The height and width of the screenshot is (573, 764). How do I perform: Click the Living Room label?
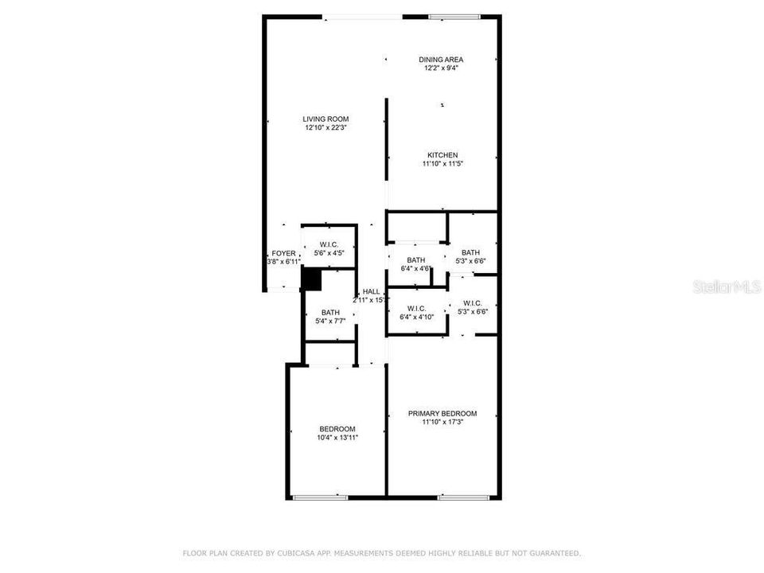(326, 119)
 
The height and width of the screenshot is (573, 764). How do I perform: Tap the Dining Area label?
(442, 60)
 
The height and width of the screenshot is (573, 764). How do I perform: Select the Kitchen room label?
(442, 155)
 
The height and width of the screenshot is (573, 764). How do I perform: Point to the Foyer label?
(283, 253)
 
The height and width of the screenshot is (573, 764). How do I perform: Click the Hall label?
(372, 292)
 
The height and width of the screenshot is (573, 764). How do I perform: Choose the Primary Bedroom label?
(442, 414)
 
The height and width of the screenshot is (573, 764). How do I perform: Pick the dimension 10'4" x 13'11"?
(337, 438)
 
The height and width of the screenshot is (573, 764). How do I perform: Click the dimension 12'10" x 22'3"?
(326, 128)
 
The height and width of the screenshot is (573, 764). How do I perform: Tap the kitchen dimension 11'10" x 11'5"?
(442, 164)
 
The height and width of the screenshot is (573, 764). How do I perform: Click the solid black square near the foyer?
(311, 279)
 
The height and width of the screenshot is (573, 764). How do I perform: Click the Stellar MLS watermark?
(727, 286)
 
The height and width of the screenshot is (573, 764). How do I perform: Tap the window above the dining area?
(454, 17)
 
